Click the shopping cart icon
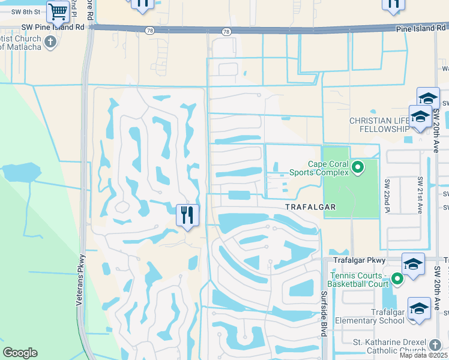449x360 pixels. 58,11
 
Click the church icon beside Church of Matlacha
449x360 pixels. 50,41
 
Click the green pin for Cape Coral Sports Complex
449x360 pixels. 358,167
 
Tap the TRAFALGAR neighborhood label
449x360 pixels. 310,206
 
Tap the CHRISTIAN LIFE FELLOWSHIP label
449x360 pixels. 379,125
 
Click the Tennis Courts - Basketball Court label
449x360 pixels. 358,279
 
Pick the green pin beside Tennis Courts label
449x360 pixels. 396,278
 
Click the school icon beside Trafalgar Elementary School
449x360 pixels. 419,309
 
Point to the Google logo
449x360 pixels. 20,353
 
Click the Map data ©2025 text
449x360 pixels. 423,355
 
